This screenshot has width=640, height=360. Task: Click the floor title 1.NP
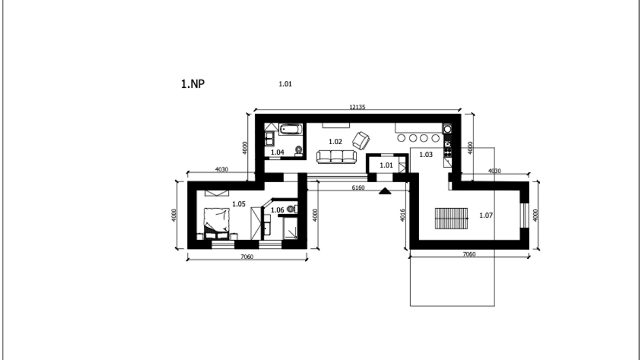click(x=193, y=83)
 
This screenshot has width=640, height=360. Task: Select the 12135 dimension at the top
click(x=357, y=107)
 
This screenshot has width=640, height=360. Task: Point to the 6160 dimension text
click(x=358, y=188)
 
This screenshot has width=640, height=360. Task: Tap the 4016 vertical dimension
click(x=402, y=215)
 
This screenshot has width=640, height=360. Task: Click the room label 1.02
click(x=335, y=142)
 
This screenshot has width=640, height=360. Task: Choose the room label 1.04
click(x=277, y=152)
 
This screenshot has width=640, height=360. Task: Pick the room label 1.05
click(x=239, y=204)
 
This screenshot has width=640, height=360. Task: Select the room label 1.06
click(x=277, y=210)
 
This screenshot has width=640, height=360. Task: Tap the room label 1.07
click(x=486, y=215)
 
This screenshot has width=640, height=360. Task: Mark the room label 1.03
click(x=426, y=155)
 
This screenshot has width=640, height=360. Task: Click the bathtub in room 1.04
click(x=291, y=130)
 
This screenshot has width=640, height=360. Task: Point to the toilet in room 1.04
click(x=299, y=150)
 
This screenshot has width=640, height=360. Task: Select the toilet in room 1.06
click(x=291, y=209)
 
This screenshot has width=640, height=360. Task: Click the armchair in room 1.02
click(x=361, y=140)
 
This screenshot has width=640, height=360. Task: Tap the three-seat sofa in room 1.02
click(x=336, y=157)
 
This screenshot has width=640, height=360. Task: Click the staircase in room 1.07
click(x=451, y=218)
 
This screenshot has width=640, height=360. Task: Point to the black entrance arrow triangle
click(x=385, y=191)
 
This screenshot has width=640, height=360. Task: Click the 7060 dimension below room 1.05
click(x=247, y=257)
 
